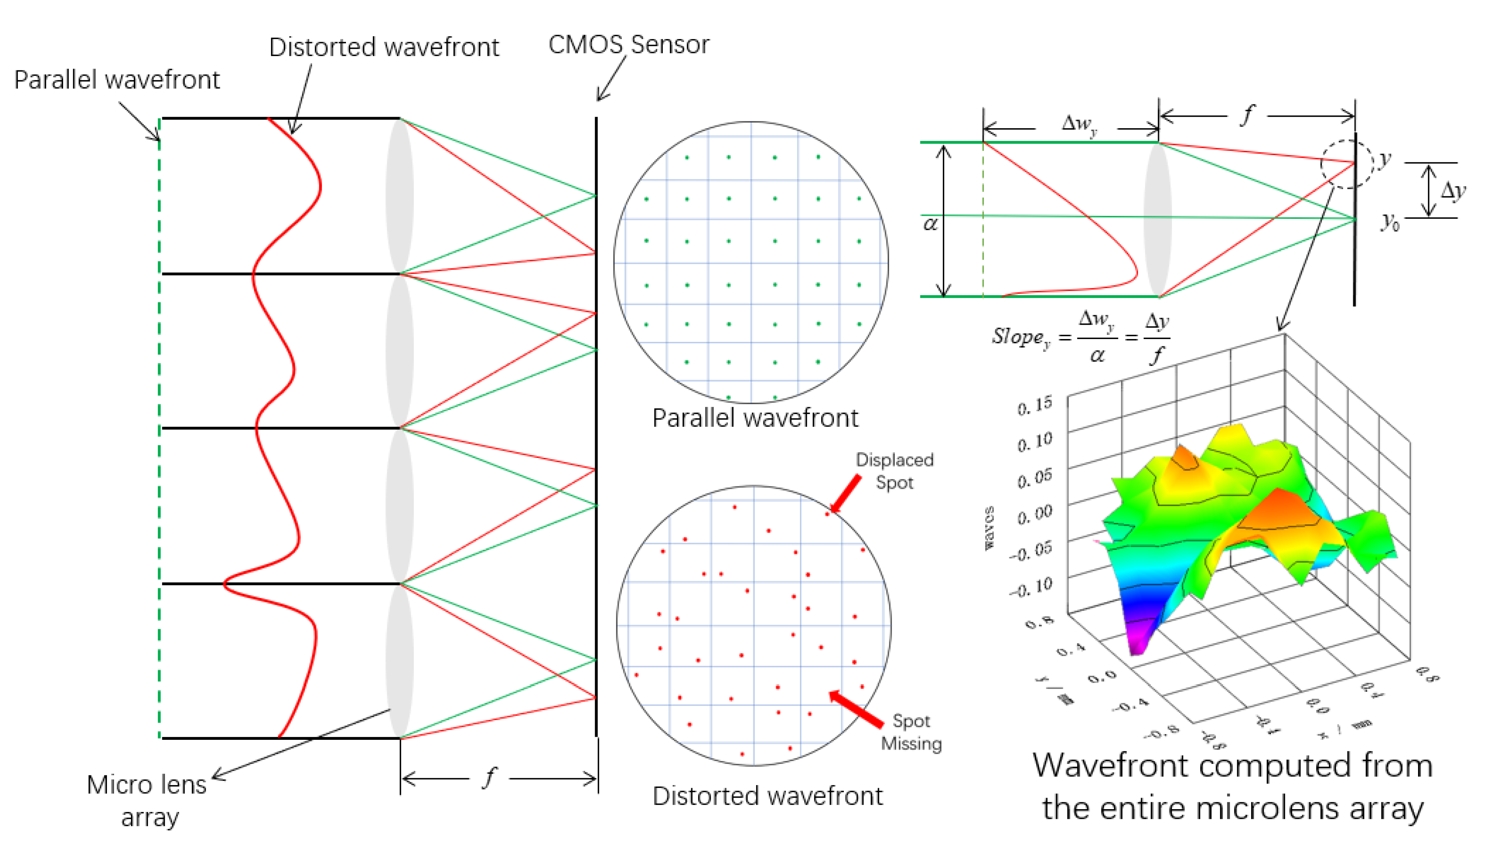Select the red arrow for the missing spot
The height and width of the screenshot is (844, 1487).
856,709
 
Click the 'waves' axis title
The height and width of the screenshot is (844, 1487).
989,528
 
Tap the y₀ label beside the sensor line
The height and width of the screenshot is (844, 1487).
1390,221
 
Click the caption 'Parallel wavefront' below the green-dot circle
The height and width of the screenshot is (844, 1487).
755,418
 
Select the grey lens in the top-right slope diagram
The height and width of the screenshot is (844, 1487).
1157,220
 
